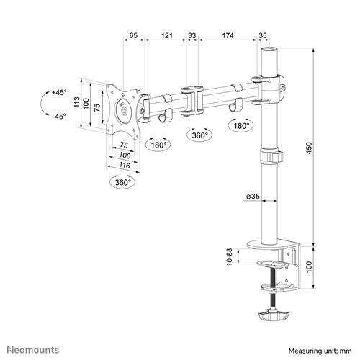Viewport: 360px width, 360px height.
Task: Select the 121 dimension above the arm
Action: pyautogui.click(x=167, y=35)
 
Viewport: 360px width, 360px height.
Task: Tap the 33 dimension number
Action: pyautogui.click(x=193, y=35)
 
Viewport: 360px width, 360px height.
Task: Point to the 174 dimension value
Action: pyautogui.click(x=227, y=35)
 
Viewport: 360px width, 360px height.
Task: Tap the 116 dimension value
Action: pyautogui.click(x=125, y=166)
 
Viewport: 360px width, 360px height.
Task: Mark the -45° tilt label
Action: pyautogui.click(x=58, y=117)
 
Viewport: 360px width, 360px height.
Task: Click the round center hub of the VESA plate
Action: pyautogui.click(x=125, y=110)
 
